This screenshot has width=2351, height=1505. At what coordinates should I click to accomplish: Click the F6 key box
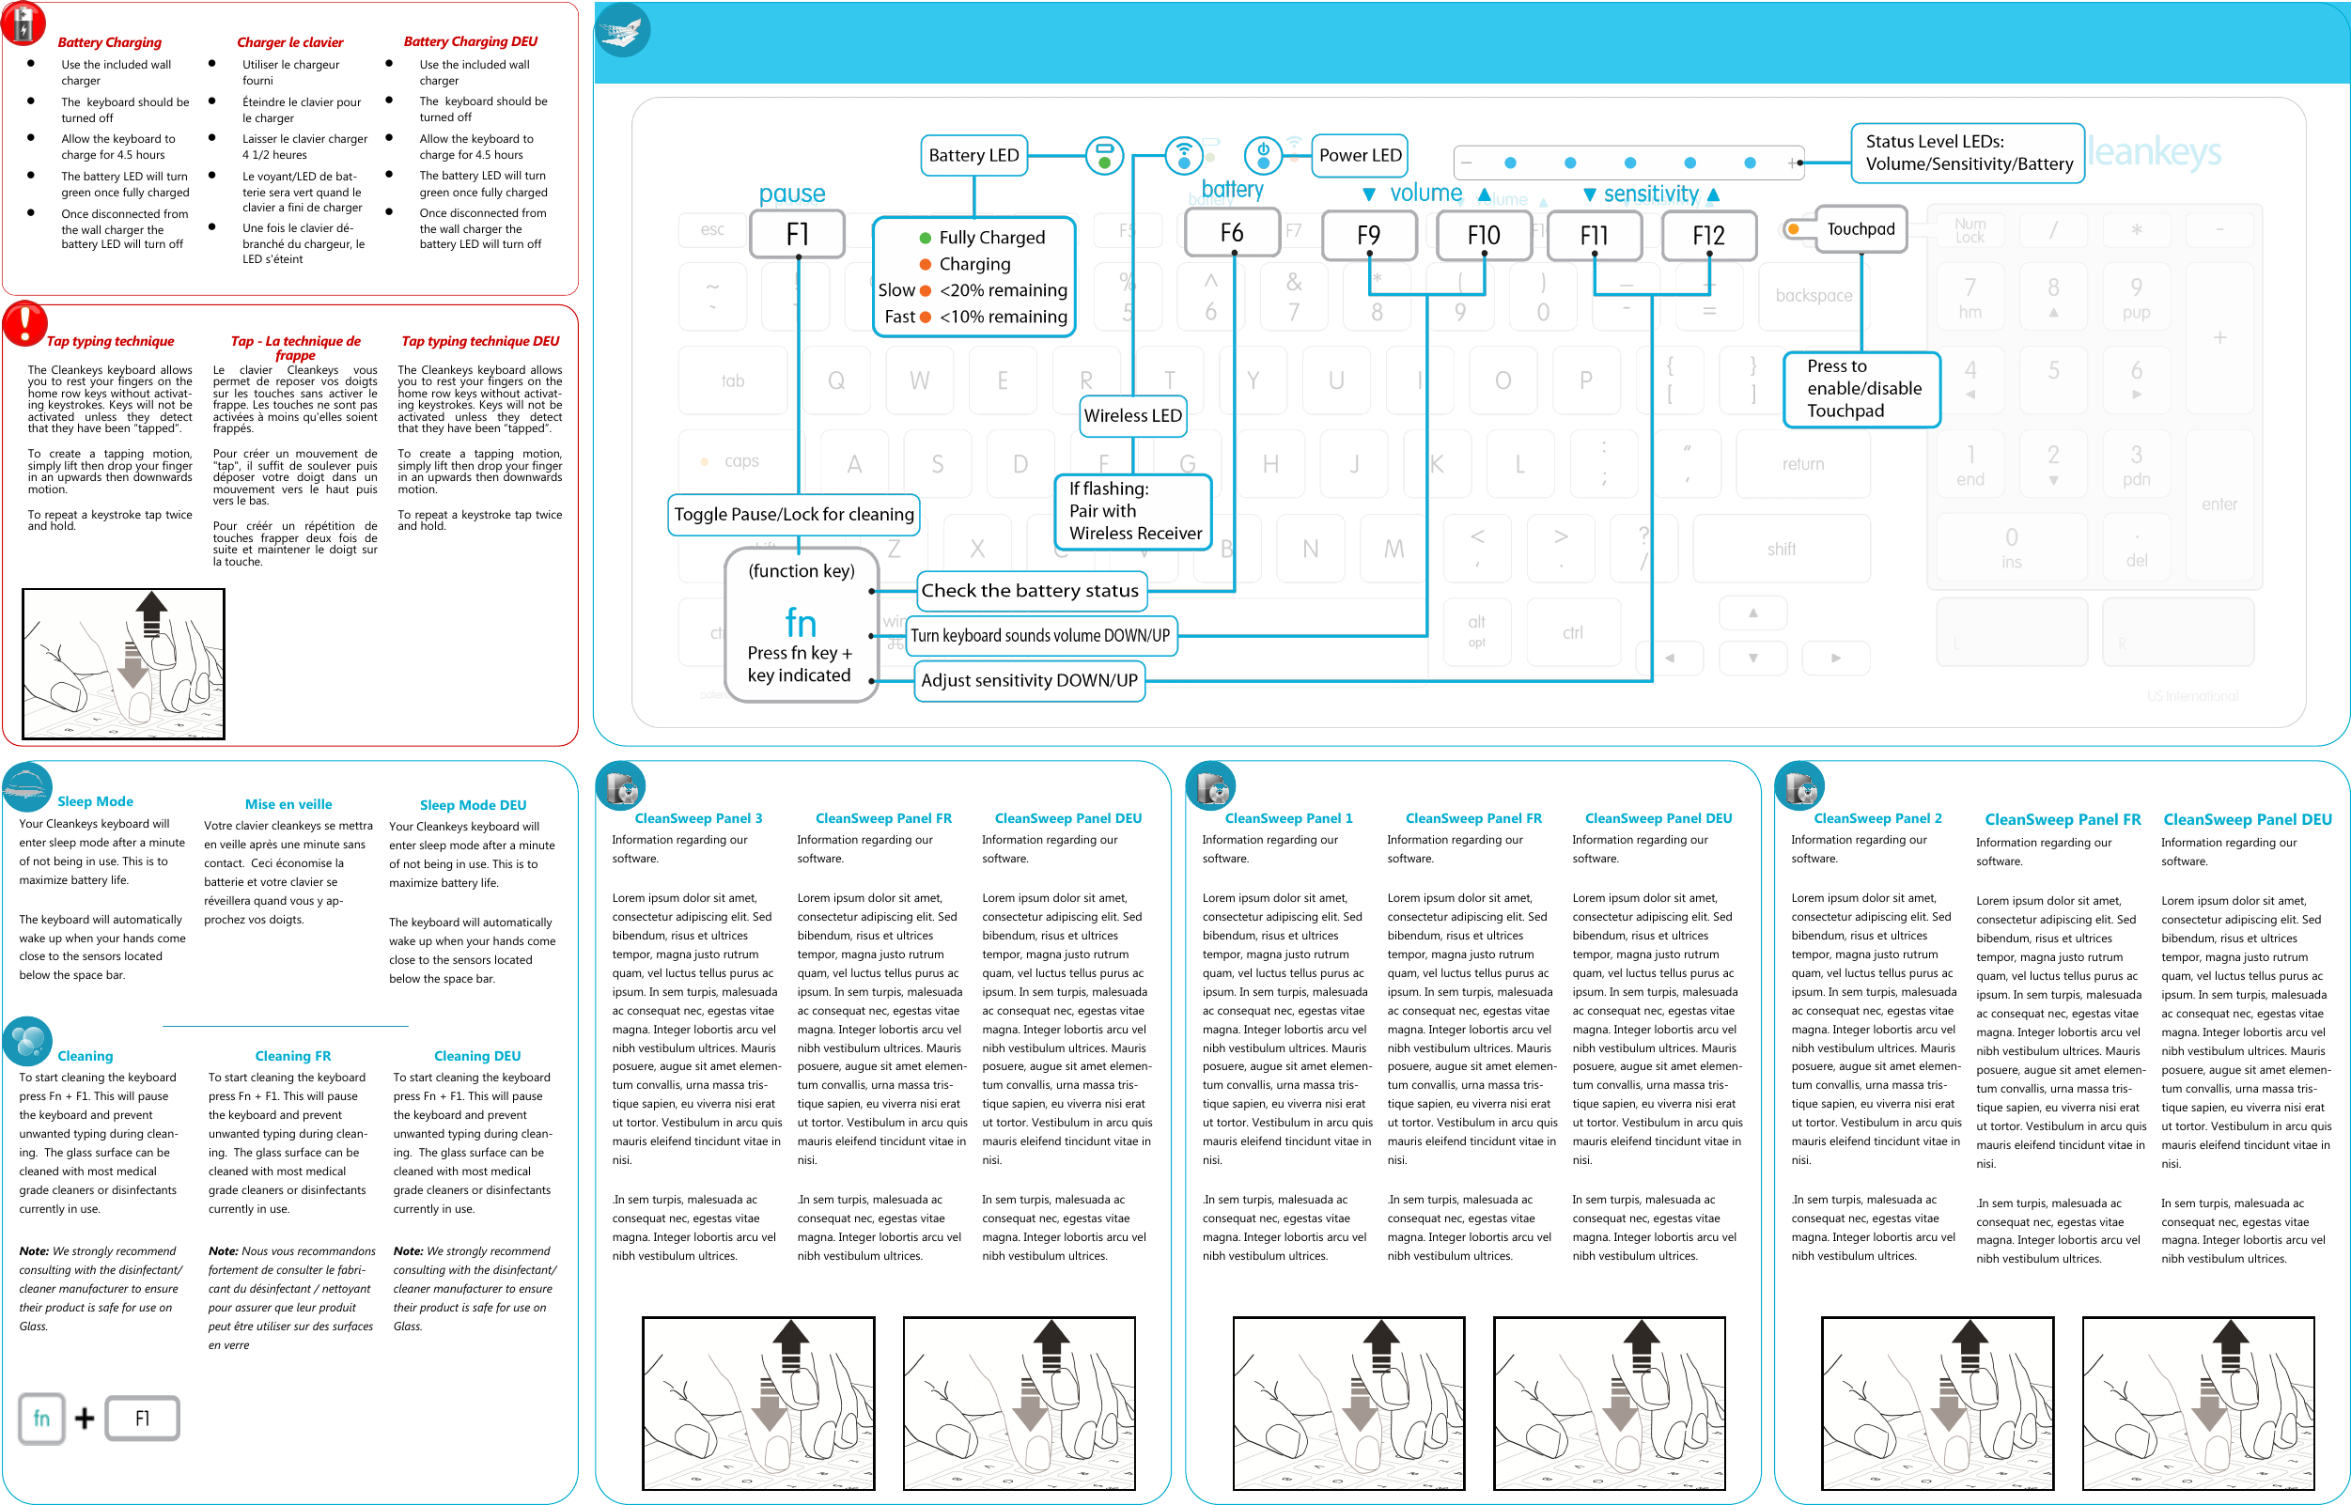tap(1232, 233)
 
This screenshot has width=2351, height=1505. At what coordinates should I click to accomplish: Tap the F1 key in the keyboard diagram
tap(797, 235)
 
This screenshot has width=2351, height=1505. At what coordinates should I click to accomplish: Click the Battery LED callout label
tap(973, 155)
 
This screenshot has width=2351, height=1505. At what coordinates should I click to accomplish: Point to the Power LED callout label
tap(1359, 155)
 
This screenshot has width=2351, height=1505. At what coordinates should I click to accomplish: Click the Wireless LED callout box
tap(1132, 415)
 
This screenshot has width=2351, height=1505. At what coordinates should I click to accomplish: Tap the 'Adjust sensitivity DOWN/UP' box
tap(1028, 680)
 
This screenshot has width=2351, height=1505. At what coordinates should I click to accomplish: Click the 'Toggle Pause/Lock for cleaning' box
tap(794, 514)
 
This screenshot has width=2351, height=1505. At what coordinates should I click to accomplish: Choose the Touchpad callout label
tap(1861, 228)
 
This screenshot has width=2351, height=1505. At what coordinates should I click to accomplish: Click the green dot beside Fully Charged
tap(925, 238)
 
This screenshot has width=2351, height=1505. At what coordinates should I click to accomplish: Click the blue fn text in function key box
tap(801, 623)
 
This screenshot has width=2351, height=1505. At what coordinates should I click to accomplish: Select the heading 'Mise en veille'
tap(288, 804)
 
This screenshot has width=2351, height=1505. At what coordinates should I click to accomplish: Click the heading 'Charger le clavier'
tap(289, 42)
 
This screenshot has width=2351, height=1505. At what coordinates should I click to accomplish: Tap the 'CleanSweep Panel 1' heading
tap(1288, 818)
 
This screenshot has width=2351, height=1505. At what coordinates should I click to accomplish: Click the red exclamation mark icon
tap(24, 322)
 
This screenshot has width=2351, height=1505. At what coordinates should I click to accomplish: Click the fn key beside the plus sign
tap(41, 1418)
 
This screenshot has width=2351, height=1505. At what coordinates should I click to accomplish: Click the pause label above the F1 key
tap(792, 194)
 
